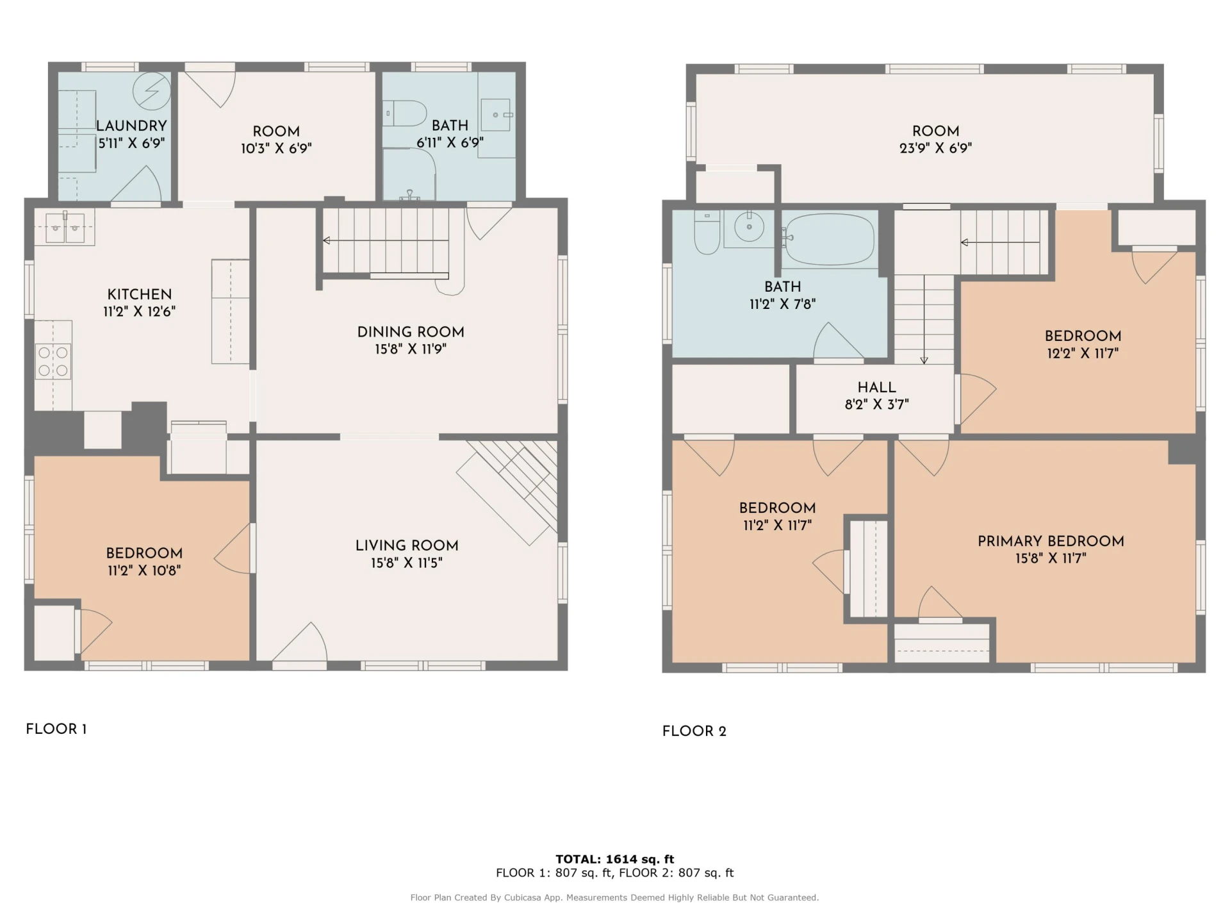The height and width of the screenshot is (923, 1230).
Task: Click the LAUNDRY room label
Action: [131, 126]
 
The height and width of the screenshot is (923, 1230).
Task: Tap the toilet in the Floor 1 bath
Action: [405, 113]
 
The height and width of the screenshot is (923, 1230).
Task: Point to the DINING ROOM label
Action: [411, 332]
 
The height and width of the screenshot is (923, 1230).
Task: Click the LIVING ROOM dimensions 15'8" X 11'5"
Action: [407, 563]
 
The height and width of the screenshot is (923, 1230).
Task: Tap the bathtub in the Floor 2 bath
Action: [829, 240]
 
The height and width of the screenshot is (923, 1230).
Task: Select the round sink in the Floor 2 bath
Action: [749, 228]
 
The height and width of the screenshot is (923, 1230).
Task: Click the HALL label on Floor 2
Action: [877, 387]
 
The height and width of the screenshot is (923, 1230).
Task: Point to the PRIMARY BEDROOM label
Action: [1051, 541]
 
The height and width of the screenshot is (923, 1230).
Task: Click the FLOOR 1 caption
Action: [56, 729]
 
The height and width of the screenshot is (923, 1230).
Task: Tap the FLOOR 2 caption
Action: [694, 731]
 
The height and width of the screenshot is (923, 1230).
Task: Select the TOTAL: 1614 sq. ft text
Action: [615, 859]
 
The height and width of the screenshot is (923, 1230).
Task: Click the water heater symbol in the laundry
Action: [152, 91]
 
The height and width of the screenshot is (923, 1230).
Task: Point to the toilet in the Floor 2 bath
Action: [707, 232]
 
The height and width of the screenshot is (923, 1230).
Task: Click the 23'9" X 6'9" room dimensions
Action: [936, 148]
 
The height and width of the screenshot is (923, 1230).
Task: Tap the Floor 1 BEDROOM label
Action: [144, 553]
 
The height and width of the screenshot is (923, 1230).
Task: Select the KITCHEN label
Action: [140, 294]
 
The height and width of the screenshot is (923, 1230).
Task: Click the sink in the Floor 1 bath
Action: [496, 115]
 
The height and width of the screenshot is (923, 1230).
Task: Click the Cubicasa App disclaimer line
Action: [615, 897]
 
